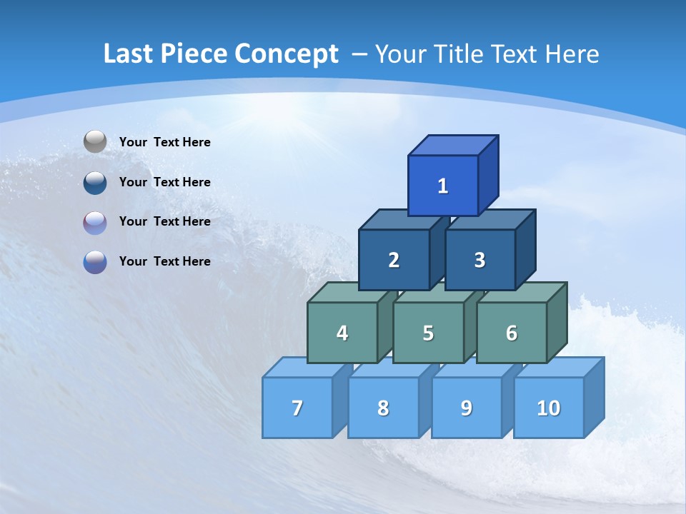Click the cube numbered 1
pos(443,186)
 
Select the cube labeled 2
pos(394,260)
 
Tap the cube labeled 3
pos(479,260)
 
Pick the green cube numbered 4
pos(342,333)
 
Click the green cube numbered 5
pos(428,333)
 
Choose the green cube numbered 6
pos(511,333)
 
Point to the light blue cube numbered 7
pos(297,408)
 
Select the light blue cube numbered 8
pos(383,408)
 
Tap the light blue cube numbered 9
pos(466,408)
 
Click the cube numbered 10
pos(548,408)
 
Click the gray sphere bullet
pos(95,141)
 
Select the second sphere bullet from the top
pos(95,182)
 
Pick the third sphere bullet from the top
pos(95,222)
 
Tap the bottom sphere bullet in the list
pos(95,261)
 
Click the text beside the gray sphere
pos(164,142)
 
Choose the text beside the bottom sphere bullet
pos(164,261)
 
